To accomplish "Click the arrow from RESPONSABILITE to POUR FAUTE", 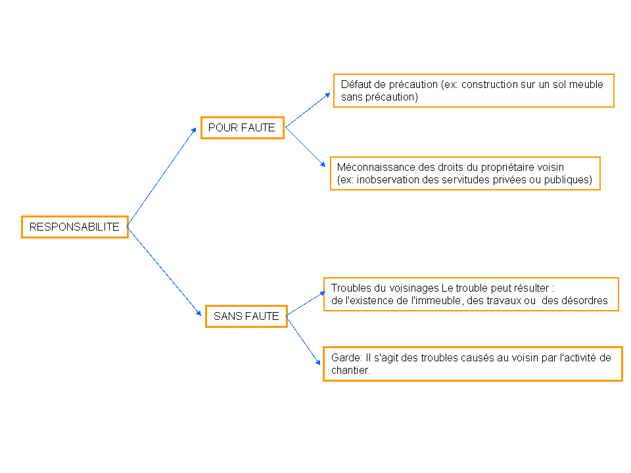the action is [x=162, y=177].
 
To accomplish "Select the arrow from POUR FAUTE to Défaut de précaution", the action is [x=308, y=110].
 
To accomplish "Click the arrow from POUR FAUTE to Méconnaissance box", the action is [x=306, y=146].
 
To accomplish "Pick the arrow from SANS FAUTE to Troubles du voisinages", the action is [x=306, y=304].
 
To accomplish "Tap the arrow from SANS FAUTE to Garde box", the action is [x=304, y=340].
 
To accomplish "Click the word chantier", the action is [x=350, y=370].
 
